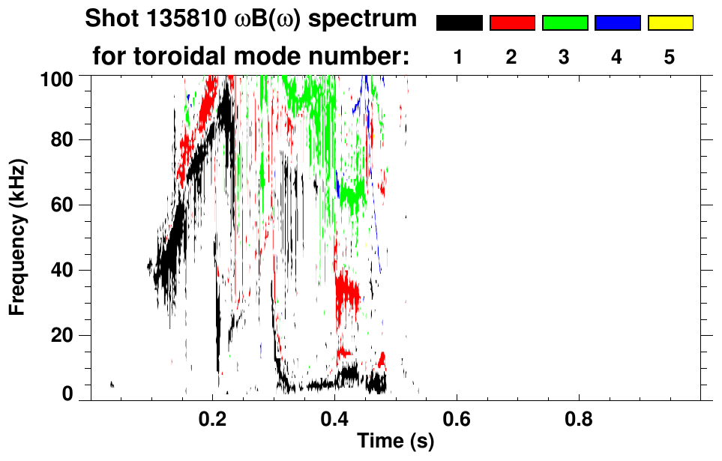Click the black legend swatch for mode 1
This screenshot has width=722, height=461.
pyautogui.click(x=459, y=23)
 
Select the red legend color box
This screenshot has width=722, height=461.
pyautogui.click(x=512, y=23)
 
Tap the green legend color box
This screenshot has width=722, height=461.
pyautogui.click(x=565, y=23)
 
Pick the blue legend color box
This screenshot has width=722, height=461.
pyautogui.click(x=617, y=23)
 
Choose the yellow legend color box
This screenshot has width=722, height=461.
pyautogui.click(x=670, y=23)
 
